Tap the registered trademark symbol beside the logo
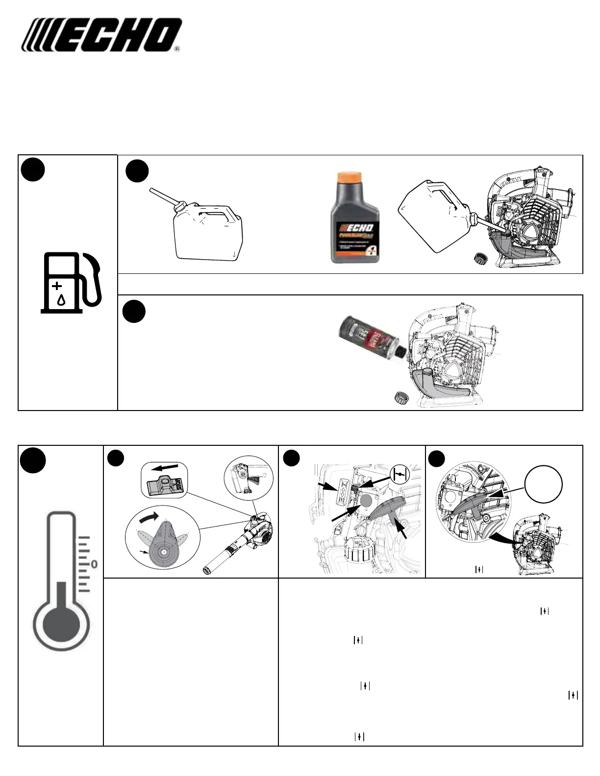(177, 49)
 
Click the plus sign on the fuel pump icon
(57, 285)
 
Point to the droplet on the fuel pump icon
(61, 300)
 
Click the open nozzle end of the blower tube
(208, 570)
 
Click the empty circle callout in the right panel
(543, 483)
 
